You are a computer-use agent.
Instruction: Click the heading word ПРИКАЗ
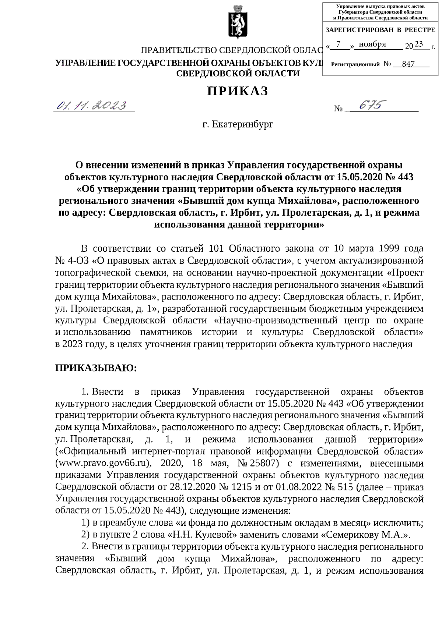click(237, 91)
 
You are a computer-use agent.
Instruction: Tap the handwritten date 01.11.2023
click(91, 106)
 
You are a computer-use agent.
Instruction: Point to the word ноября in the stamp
click(372, 45)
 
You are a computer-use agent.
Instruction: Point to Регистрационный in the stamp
click(355, 64)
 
